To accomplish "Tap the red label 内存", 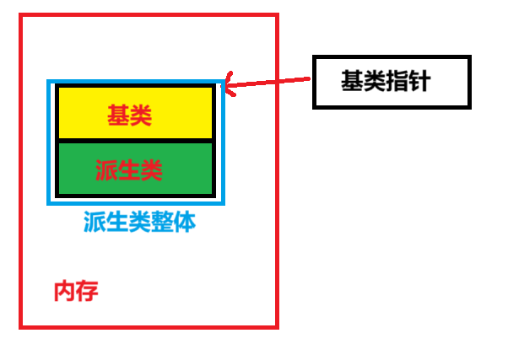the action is point(76,292).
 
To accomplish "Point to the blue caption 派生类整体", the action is point(140,223).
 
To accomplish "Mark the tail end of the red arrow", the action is point(309,78).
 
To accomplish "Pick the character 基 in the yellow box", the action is point(118,116).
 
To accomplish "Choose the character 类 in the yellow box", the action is point(141,116).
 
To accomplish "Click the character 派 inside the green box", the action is point(106,171).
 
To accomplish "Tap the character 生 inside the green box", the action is point(129,171).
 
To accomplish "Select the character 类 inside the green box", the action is point(152,171).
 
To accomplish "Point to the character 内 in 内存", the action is point(64,292).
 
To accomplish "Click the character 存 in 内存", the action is point(88,292).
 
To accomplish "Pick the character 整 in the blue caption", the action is point(163,223).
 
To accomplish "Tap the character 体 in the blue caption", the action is point(186,223).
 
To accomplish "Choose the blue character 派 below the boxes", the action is point(95,223).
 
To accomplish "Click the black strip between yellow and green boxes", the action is point(135,141).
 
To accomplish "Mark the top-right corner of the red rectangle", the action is point(277,15).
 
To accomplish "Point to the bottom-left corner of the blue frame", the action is point(49,202).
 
